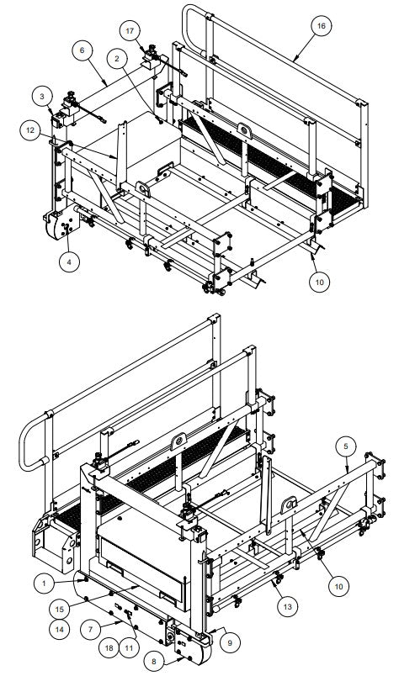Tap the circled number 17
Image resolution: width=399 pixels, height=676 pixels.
(130, 31)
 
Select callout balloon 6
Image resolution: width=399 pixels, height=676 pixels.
(82, 50)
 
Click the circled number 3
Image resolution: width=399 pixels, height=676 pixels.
(41, 98)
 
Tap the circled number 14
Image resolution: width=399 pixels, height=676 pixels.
(59, 627)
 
